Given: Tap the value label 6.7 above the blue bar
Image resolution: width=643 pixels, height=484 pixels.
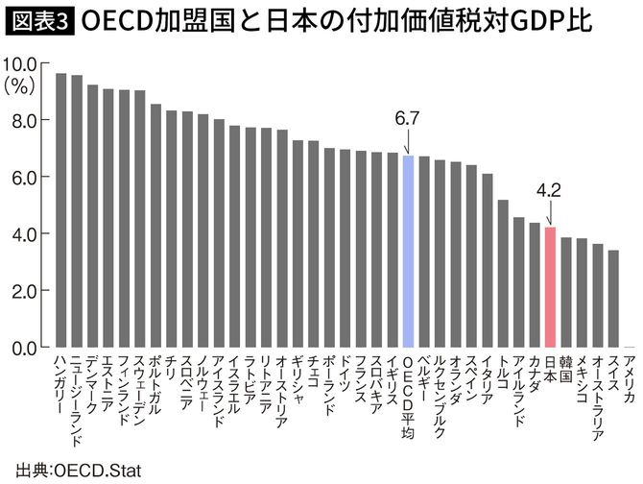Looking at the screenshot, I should (x=408, y=118).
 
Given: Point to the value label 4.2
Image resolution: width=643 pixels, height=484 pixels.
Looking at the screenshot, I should (x=549, y=190).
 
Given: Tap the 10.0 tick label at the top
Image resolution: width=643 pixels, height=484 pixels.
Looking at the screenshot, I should (x=20, y=64).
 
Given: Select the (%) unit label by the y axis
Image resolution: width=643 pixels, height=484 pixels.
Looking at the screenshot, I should (x=20, y=85).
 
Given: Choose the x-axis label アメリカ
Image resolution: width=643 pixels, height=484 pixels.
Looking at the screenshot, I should (x=629, y=379).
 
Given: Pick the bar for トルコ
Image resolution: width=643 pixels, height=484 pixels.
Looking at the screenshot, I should (x=502, y=273).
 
